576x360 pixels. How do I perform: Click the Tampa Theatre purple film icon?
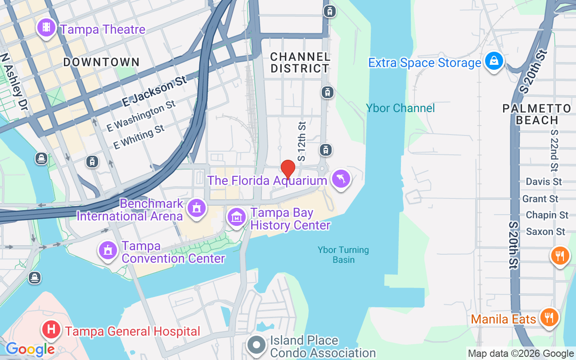click(x=46, y=28)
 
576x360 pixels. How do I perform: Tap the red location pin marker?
click(x=288, y=169)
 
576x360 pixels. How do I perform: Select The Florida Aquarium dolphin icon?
click(x=341, y=180)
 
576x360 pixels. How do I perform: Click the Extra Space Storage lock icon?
click(x=494, y=61)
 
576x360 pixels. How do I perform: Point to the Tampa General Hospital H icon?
click(x=51, y=330)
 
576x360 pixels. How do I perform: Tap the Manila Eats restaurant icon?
click(x=548, y=318)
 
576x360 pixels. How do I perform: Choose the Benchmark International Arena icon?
click(x=197, y=208)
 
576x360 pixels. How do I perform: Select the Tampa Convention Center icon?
click(x=108, y=250)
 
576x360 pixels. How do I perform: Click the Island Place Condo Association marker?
click(x=257, y=345)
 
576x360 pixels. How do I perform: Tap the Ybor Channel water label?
click(x=400, y=108)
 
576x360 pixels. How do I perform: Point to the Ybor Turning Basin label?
click(x=343, y=255)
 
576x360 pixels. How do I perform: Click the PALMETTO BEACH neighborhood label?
click(x=537, y=114)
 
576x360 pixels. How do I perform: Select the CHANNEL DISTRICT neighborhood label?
click(x=300, y=63)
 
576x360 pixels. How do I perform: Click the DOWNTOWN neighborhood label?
click(x=101, y=62)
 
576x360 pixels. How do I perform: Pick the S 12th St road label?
click(x=302, y=141)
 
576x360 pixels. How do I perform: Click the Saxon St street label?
click(x=545, y=232)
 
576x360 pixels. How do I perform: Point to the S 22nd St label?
click(x=554, y=151)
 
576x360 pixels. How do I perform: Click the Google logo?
click(x=30, y=349)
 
